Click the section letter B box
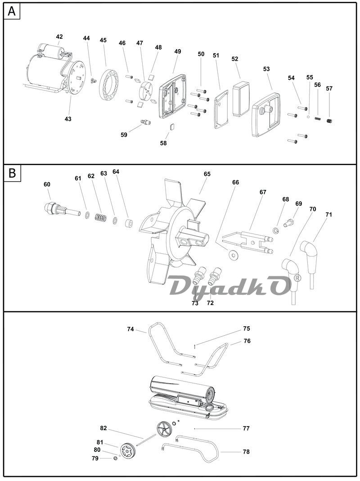12,173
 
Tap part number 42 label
59,37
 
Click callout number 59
124,135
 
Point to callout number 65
207,174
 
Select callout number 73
195,303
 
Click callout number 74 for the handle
130,329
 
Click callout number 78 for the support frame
246,452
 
